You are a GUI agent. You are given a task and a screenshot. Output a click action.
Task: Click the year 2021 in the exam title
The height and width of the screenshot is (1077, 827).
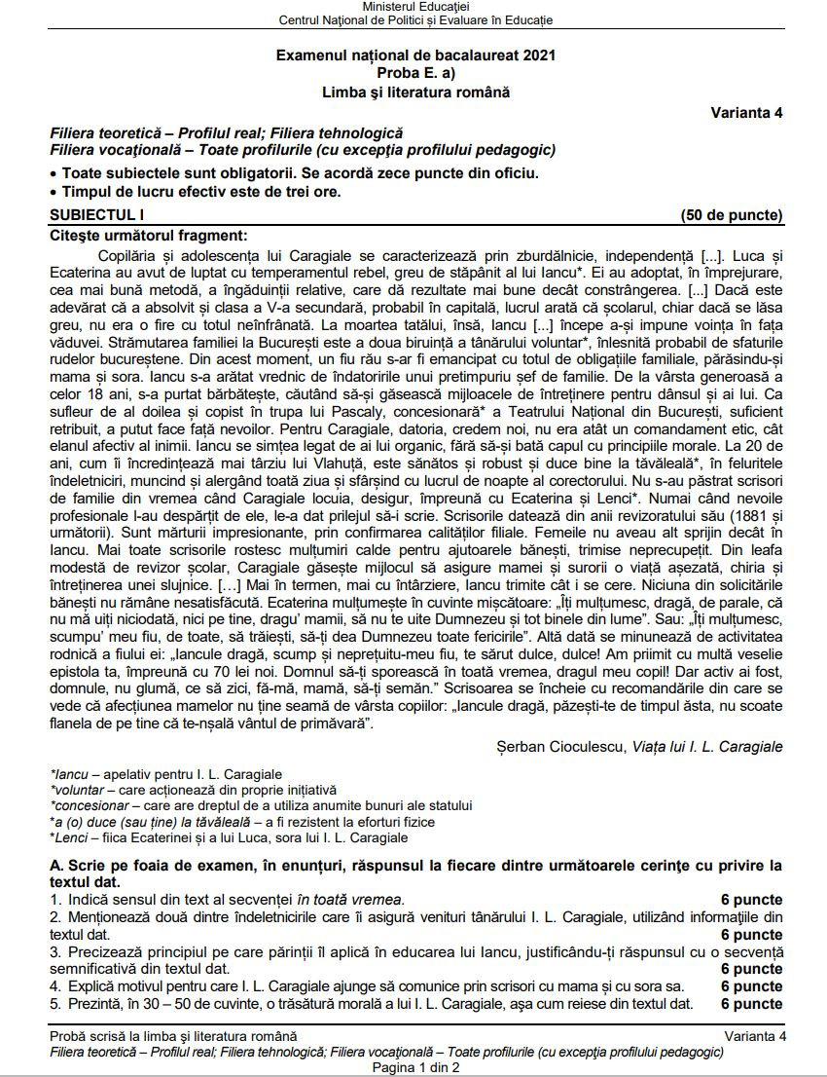click(537, 56)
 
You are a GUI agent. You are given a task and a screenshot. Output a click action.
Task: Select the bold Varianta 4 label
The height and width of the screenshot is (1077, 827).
click(746, 112)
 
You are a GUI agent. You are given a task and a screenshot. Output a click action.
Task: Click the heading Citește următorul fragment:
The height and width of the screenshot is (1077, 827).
click(148, 235)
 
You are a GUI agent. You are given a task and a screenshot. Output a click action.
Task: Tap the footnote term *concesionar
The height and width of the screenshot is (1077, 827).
click(90, 805)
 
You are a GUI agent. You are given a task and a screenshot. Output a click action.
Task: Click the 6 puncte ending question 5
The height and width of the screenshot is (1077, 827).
click(751, 1004)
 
